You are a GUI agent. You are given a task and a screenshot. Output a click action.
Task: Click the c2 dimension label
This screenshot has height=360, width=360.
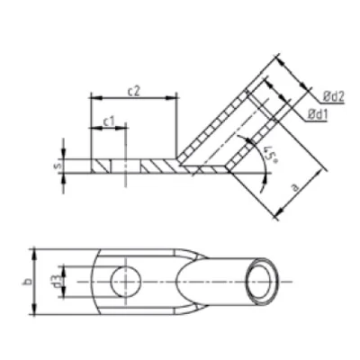click(132, 90)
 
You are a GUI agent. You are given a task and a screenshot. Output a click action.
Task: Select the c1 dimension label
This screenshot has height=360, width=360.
click(107, 120)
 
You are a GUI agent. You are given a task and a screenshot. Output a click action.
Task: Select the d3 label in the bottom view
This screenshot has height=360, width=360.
click(57, 282)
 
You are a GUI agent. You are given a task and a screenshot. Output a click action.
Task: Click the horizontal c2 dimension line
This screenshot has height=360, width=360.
click(132, 98)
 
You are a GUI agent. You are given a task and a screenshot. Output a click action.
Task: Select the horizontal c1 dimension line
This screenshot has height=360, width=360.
click(107, 129)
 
